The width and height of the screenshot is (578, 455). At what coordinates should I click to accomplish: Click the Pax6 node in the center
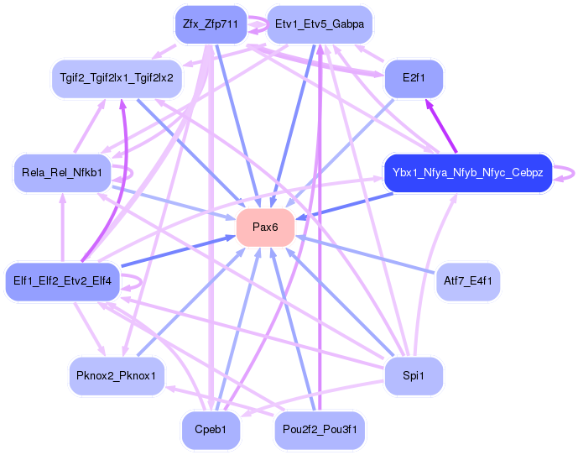pyautogui.click(x=265, y=227)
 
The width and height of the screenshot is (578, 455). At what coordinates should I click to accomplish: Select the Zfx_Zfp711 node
pyautogui.click(x=210, y=24)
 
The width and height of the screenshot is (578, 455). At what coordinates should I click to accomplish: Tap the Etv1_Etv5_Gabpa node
pyautogui.click(x=319, y=24)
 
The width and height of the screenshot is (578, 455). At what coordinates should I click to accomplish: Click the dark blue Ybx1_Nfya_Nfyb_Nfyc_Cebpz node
pyautogui.click(x=467, y=174)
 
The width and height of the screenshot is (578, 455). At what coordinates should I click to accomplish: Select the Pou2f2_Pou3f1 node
pyautogui.click(x=319, y=429)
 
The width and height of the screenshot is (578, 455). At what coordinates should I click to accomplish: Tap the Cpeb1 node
pyautogui.click(x=210, y=429)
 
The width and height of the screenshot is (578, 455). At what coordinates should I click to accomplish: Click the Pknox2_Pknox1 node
pyautogui.click(x=116, y=375)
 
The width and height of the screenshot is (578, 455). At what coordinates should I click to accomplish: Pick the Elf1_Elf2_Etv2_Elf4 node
pyautogui.click(x=64, y=280)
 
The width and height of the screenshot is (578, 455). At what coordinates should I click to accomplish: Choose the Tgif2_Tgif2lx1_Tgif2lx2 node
pyautogui.click(x=117, y=78)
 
